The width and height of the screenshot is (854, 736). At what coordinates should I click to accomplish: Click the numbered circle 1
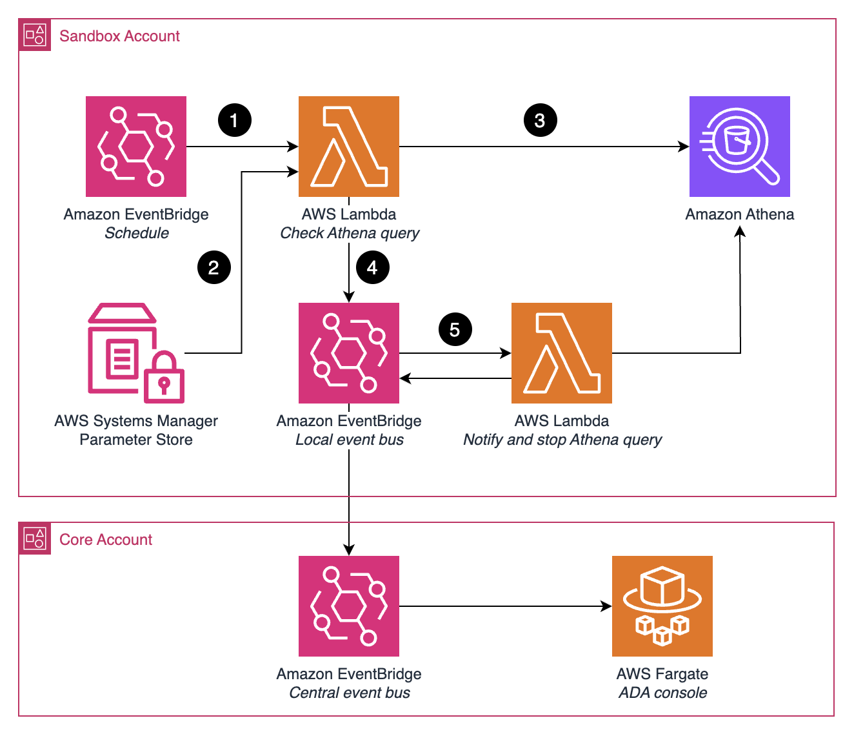tap(234, 120)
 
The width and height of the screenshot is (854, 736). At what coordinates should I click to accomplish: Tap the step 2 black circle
tap(213, 267)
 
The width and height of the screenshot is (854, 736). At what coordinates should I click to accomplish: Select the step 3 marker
tap(540, 120)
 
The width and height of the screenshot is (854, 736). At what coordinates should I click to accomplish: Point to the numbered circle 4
tap(372, 267)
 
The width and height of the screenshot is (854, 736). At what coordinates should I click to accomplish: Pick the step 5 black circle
tap(455, 330)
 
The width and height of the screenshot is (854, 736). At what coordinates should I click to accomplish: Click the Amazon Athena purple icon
tap(739, 147)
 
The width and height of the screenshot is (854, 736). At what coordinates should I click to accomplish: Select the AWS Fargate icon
tap(662, 606)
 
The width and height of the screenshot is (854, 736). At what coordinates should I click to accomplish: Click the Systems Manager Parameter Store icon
tap(136, 353)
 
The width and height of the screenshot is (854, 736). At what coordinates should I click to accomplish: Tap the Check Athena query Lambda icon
tap(348, 147)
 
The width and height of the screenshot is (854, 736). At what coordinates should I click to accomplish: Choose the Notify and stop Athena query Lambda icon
tap(561, 353)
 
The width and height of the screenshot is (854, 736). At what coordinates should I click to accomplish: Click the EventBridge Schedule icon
tap(136, 147)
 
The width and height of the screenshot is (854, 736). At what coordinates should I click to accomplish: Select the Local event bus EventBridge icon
tap(348, 353)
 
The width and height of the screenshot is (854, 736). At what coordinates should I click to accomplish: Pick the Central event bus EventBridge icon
tap(348, 606)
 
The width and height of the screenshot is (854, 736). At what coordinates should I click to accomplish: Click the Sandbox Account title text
tap(119, 36)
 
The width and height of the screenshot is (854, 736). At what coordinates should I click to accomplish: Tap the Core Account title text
tap(106, 540)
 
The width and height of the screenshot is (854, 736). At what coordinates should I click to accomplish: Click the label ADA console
tap(662, 693)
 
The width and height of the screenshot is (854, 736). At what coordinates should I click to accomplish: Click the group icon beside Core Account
tap(35, 539)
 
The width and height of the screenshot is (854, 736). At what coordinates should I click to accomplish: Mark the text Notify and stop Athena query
tap(562, 440)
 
